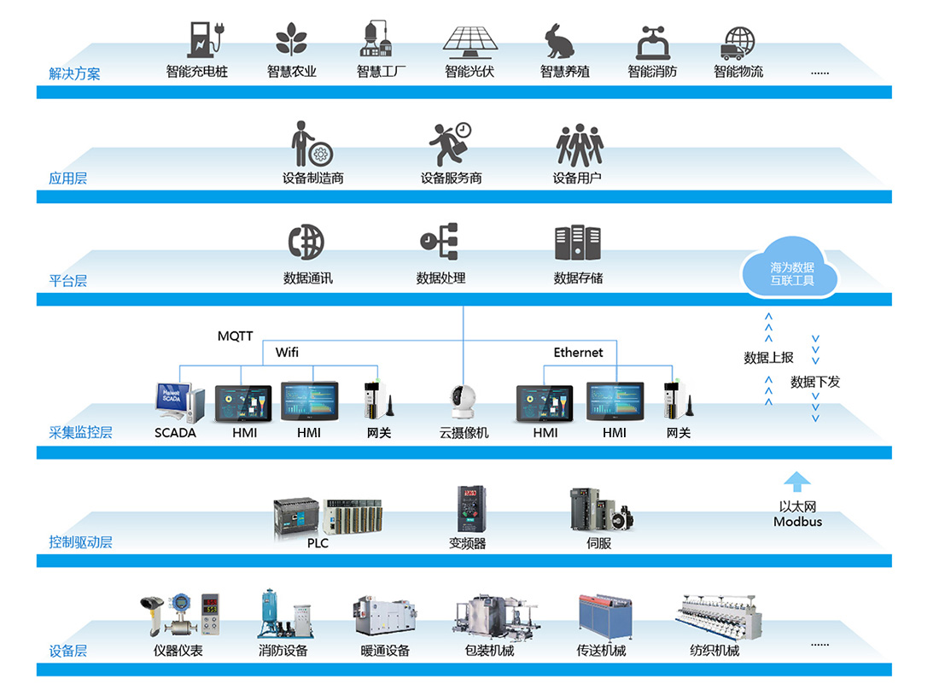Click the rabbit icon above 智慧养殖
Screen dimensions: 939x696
click(559, 41)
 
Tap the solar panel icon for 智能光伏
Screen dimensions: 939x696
click(470, 43)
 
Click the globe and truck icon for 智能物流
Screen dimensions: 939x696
click(738, 43)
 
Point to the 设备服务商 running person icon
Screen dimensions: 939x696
click(450, 143)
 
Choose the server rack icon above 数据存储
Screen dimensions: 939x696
click(577, 243)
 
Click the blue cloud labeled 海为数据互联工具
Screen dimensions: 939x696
click(790, 268)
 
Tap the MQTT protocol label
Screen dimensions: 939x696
click(235, 336)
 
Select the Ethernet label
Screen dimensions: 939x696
click(578, 352)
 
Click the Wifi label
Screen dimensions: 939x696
click(287, 352)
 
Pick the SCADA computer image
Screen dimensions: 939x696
click(179, 402)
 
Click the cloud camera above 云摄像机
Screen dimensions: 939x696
click(463, 402)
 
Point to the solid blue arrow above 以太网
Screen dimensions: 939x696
click(797, 482)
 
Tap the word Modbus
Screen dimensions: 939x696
click(797, 522)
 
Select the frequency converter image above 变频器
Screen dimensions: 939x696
click(471, 508)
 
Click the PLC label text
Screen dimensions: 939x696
click(318, 543)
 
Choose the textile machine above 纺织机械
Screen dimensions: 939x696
click(719, 617)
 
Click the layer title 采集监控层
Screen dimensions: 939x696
click(80, 432)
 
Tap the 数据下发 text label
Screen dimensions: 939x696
click(815, 382)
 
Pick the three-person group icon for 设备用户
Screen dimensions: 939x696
click(579, 145)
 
